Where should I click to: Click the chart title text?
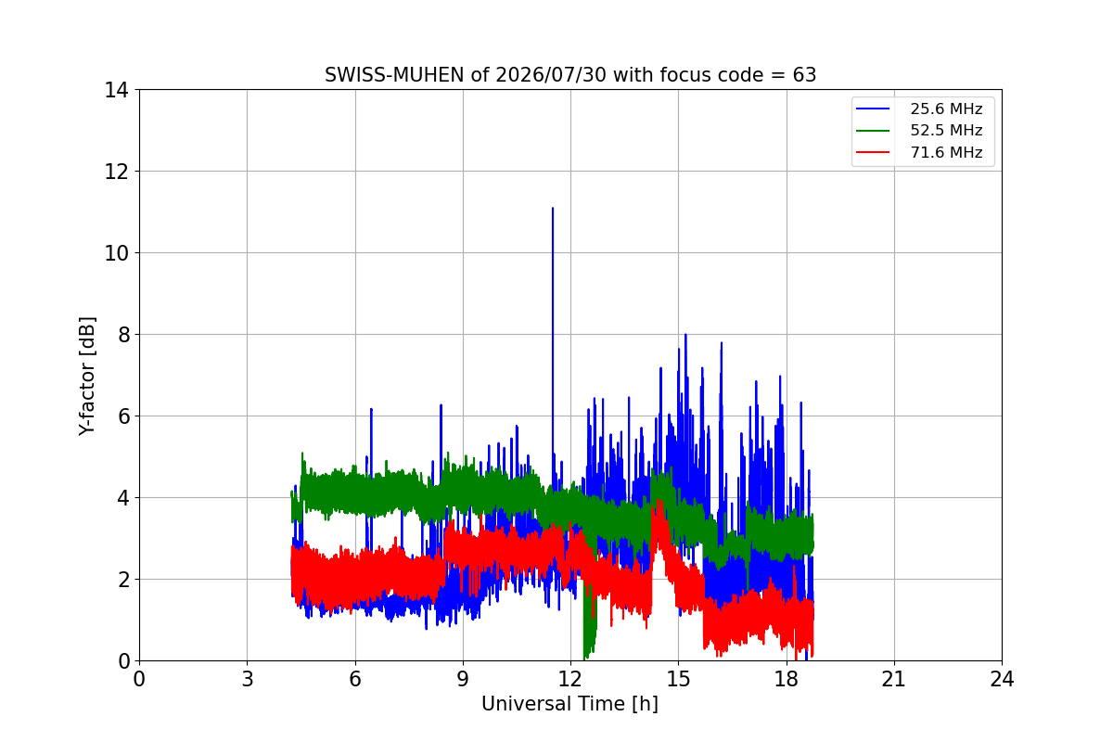coord(570,75)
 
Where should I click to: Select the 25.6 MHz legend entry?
coord(919,109)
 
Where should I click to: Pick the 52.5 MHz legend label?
coord(946,130)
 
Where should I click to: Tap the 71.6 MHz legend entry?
coord(919,152)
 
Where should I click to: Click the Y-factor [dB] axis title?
coord(87,377)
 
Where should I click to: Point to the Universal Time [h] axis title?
coord(569,704)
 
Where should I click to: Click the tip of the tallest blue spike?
coord(553,209)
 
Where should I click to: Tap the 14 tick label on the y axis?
coord(116,90)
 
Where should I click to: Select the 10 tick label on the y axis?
coord(116,253)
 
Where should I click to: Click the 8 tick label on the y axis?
coord(123,335)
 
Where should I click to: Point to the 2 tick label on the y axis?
coord(123,580)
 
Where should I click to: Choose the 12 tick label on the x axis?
coord(570,679)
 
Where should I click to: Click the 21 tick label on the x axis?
coord(894,679)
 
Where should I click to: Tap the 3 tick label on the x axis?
coord(248,679)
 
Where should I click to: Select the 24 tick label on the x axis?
coord(1002,679)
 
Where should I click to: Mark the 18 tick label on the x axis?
coord(787,679)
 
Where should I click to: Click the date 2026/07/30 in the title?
coord(551,75)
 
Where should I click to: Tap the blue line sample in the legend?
coord(873,109)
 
